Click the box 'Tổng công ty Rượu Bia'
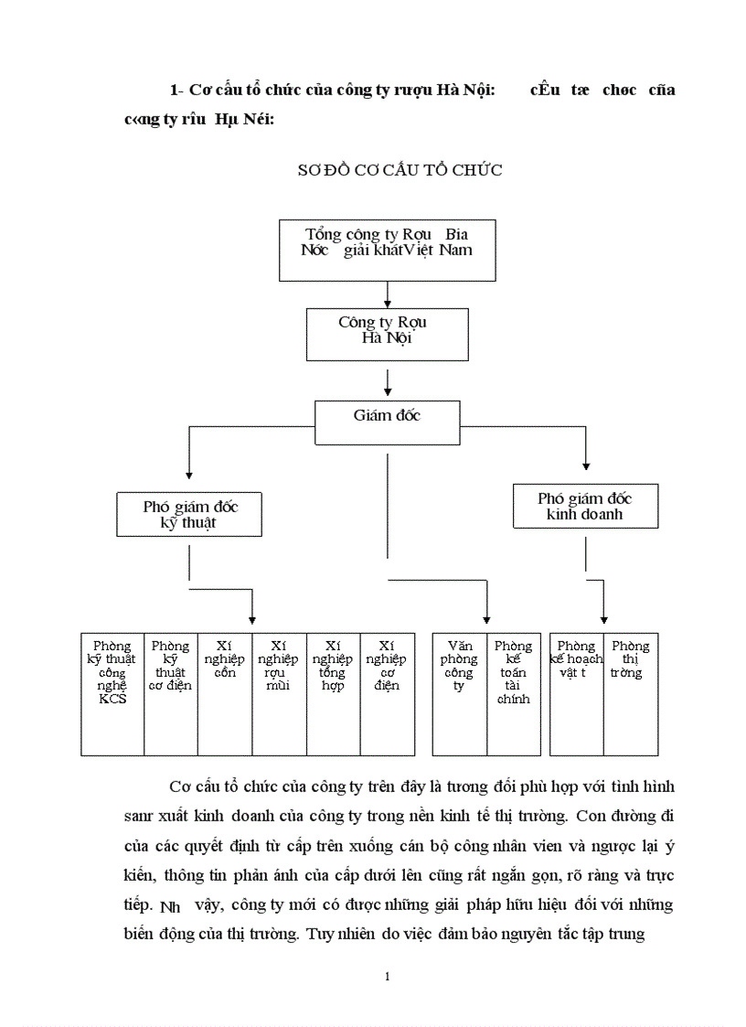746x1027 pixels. pos(387,250)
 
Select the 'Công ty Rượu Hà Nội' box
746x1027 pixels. pos(388,333)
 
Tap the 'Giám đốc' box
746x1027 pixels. pos(387,422)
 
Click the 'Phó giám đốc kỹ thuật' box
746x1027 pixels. pos(189,514)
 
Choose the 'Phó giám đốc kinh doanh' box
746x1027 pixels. pos(584,507)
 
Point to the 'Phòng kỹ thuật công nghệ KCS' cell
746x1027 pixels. pos(112,693)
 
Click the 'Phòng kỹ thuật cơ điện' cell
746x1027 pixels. pos(170,693)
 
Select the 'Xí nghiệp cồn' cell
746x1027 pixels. pos(225,693)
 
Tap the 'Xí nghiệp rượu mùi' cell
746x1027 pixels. pos(279,693)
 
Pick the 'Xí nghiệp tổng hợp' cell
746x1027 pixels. pos(333,693)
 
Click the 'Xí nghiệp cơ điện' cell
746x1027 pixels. pos(387,693)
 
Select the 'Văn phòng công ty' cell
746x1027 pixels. pos(459,693)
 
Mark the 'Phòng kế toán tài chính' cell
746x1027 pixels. pos(513,693)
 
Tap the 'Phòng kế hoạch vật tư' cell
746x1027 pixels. pos(576,693)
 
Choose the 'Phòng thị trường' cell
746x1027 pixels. pos(630,693)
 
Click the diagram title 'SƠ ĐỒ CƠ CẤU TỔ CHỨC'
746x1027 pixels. pos(400,171)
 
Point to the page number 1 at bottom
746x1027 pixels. pos(388,977)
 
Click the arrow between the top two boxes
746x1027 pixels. pos(388,294)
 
